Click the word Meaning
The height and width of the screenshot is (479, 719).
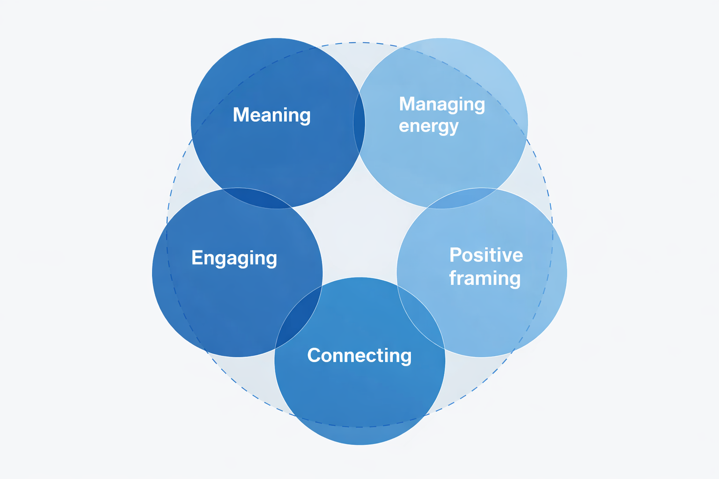point(271,115)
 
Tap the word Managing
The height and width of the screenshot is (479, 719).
point(442,105)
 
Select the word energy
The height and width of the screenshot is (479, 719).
point(428,126)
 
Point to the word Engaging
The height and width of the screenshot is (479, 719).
point(234,258)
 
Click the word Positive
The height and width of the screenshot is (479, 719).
point(486,255)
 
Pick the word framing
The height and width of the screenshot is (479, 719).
point(484,278)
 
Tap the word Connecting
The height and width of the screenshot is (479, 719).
point(359,356)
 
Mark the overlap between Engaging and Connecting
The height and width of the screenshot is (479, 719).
point(298,318)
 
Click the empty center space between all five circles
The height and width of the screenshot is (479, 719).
point(359,234)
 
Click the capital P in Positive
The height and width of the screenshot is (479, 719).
point(455,255)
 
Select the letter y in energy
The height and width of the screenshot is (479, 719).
point(453,128)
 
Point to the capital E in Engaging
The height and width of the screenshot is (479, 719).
point(197,258)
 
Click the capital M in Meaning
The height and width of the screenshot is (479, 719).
point(241,115)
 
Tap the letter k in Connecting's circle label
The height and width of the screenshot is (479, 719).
point(359,356)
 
